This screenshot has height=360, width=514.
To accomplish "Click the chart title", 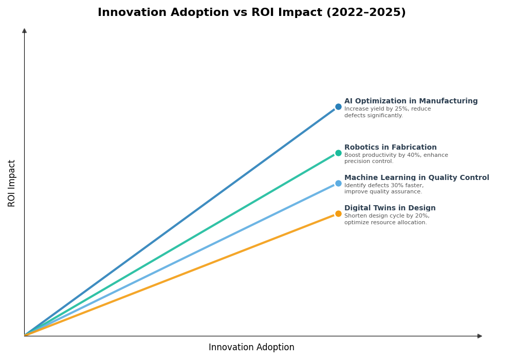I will [x=251, y=13].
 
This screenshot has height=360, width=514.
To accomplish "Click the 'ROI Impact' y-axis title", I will [x=12, y=183].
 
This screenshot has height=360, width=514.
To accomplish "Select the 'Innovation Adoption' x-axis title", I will [x=251, y=348].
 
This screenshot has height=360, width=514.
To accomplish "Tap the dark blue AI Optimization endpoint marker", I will [x=338, y=107].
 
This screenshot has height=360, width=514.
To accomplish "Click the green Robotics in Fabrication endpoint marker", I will [x=338, y=153].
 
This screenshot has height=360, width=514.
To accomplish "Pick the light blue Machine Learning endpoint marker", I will [x=338, y=184].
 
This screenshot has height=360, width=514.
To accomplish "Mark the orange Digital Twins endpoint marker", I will [x=338, y=214].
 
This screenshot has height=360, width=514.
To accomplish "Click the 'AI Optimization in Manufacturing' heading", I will [x=411, y=101].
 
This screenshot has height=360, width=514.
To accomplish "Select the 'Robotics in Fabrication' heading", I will [x=390, y=148].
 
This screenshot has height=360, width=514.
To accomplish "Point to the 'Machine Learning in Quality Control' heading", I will [x=416, y=178].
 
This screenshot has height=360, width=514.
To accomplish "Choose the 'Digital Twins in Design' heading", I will [x=390, y=208].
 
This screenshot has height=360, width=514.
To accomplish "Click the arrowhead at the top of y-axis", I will [x=24, y=31].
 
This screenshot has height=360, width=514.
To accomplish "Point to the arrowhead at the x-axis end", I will [x=480, y=336].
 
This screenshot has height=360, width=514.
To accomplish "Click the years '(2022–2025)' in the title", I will [x=366, y=13].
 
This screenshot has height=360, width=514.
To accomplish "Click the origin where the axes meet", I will [x=24, y=336].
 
